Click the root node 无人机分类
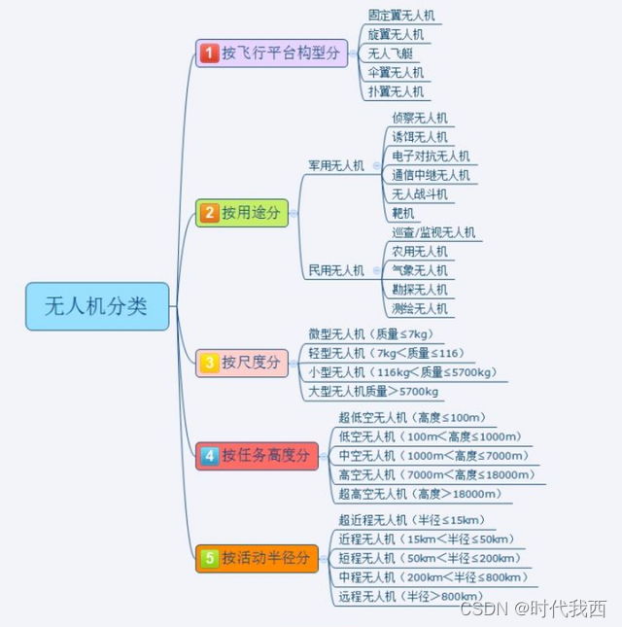point(97,306)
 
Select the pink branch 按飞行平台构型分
point(273,53)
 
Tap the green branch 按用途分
point(243,212)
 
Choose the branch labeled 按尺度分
point(243,363)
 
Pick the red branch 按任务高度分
point(258,455)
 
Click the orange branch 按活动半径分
point(258,558)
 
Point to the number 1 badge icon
point(209,53)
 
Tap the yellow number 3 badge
point(209,363)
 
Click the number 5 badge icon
point(209,558)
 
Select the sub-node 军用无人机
point(336,165)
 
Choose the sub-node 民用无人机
point(336,270)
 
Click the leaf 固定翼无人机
point(402,16)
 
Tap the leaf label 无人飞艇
point(391,53)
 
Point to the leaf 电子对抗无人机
point(431,156)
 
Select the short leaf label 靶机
point(403,213)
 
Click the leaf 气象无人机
point(420,270)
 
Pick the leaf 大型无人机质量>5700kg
point(373,391)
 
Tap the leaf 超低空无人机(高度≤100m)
point(412,417)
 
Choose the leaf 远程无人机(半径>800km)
point(409,596)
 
